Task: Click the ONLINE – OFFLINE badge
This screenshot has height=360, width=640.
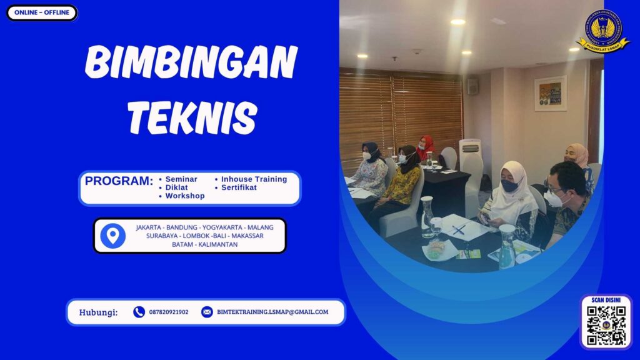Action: pos(42,12)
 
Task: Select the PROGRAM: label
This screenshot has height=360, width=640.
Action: pos(119,181)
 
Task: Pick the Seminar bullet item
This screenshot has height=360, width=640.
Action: pos(181,179)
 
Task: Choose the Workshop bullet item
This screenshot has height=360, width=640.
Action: pos(185,196)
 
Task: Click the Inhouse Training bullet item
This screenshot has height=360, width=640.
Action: pos(254,179)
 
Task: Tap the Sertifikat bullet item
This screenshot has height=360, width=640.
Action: pos(239,187)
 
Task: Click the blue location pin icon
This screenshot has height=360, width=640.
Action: pos(112,236)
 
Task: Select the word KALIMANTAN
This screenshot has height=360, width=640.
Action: pos(216,244)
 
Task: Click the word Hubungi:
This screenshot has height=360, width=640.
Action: pos(98,312)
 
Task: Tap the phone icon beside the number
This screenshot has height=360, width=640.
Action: pos(139,312)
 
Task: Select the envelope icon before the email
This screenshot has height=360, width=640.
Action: pos(207,312)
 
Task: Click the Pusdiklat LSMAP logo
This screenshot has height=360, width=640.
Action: pos(603,32)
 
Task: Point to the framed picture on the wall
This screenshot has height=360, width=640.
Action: pos(550,93)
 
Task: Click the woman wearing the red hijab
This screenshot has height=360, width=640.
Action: pos(425,149)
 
